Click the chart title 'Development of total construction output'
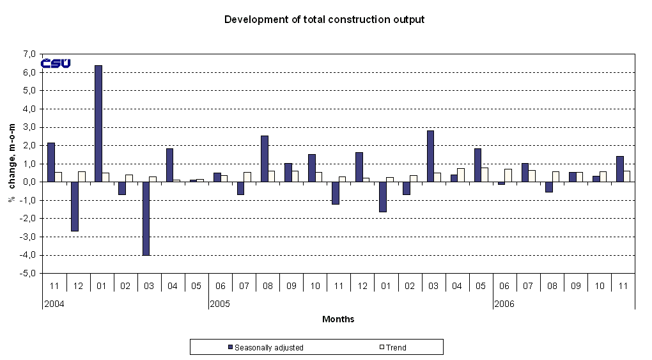tap(324, 19)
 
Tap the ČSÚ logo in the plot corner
tap(56, 63)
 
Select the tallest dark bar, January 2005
tap(98, 123)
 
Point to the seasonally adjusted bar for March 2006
tap(431, 156)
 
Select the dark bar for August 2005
tap(265, 159)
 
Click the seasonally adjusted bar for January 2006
tap(383, 197)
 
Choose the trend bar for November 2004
tap(58, 177)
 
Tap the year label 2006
tap(504, 304)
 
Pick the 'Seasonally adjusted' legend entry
tap(265, 348)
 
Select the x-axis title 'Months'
tap(338, 319)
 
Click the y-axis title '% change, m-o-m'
tap(12, 164)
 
